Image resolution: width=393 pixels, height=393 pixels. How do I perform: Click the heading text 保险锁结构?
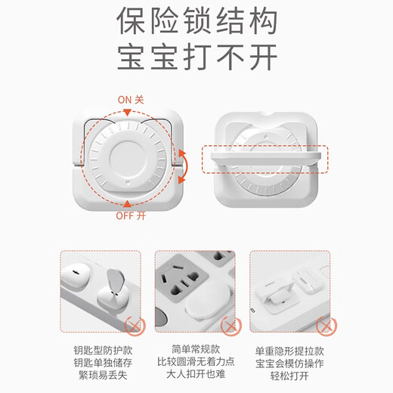[x=196, y=23]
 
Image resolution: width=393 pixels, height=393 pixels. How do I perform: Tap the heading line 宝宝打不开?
[x=196, y=57]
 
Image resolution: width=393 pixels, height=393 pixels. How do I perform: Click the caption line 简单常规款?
[x=196, y=349]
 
